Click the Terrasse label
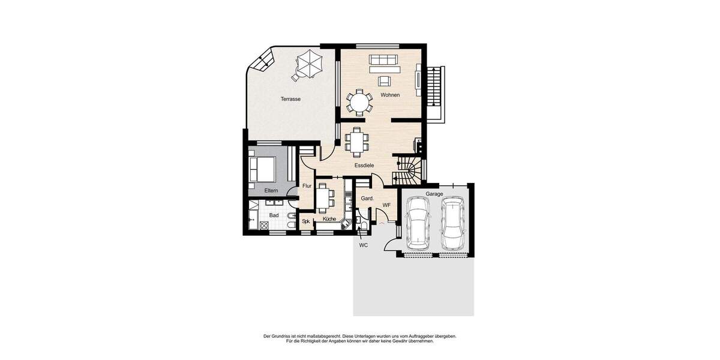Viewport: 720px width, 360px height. point(290,99)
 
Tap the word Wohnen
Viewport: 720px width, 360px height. point(390,95)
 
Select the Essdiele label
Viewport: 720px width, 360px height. point(364,165)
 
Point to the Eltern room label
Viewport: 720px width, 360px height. point(271,190)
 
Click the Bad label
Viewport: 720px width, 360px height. point(274,215)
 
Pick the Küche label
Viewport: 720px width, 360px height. point(329,219)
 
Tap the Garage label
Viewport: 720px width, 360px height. point(434,194)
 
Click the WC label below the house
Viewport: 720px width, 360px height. point(363,245)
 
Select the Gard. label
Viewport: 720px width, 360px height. point(367,199)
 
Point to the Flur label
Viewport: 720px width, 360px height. point(307,186)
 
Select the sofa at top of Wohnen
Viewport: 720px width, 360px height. point(383,60)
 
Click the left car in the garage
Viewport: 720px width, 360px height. point(418,223)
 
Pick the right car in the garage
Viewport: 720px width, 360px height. point(452,223)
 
